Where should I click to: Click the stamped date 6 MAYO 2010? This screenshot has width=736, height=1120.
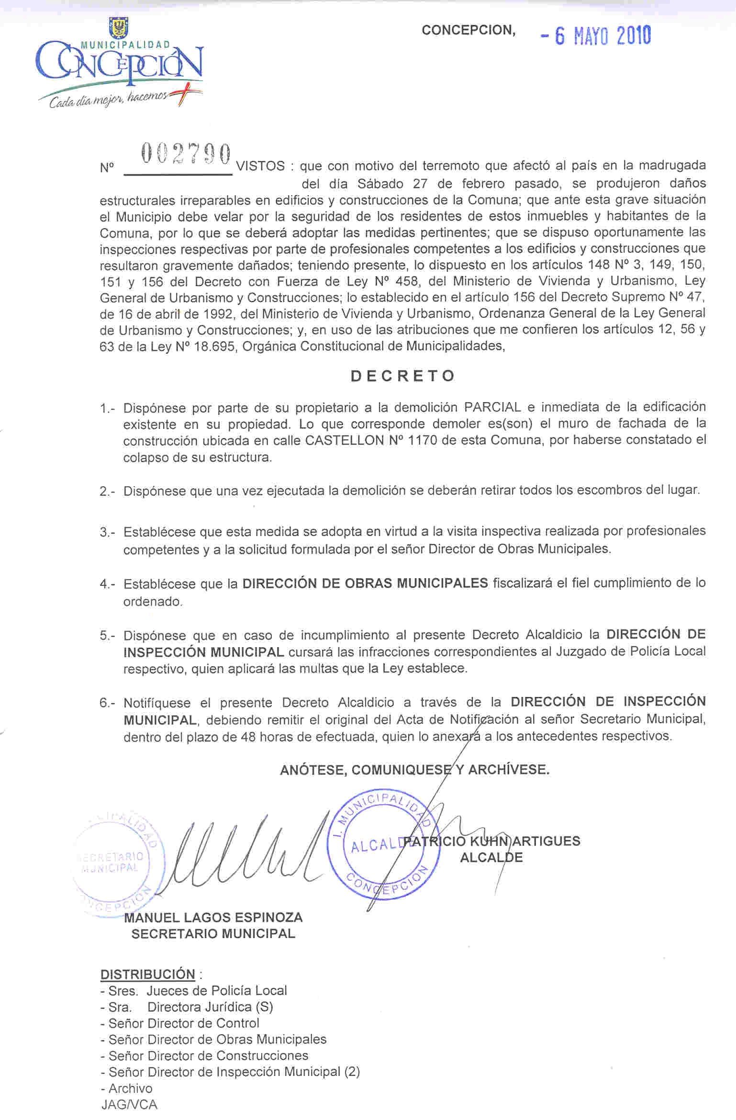[x=596, y=36]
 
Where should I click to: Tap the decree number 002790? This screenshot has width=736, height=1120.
[x=186, y=155]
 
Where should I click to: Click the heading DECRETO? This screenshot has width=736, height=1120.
[x=402, y=376]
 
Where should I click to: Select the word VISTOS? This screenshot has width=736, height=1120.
[x=260, y=167]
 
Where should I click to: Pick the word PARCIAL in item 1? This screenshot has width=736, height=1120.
[x=492, y=407]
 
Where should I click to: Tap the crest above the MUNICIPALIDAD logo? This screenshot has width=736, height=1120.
[x=118, y=28]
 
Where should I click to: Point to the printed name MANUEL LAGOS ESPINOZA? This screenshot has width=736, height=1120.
[x=213, y=918]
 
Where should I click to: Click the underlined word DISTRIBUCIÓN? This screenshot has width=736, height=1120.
[x=147, y=974]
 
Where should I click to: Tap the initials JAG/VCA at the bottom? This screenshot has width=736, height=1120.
[x=129, y=1104]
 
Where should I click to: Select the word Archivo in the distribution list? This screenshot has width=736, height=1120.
[x=130, y=1088]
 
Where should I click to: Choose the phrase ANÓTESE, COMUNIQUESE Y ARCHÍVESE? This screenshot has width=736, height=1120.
[x=414, y=770]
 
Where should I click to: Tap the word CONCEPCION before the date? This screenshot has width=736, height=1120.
[x=468, y=30]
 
